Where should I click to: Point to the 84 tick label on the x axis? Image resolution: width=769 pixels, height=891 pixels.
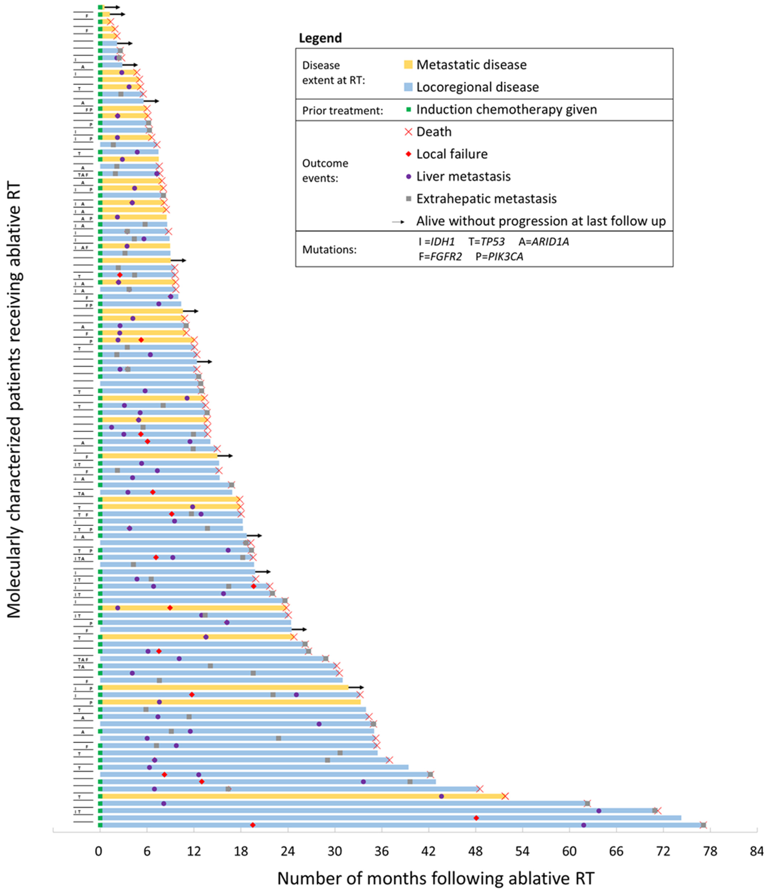757,851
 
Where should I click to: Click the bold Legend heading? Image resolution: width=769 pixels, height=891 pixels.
320,38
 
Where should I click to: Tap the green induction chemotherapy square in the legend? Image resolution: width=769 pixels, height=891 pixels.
408,110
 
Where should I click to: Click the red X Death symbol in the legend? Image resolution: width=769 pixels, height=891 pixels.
408,132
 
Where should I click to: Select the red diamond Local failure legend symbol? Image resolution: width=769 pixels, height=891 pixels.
408,154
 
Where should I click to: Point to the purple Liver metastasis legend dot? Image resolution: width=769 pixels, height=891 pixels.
408,176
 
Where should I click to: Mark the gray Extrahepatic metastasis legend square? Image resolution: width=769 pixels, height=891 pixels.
408,199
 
